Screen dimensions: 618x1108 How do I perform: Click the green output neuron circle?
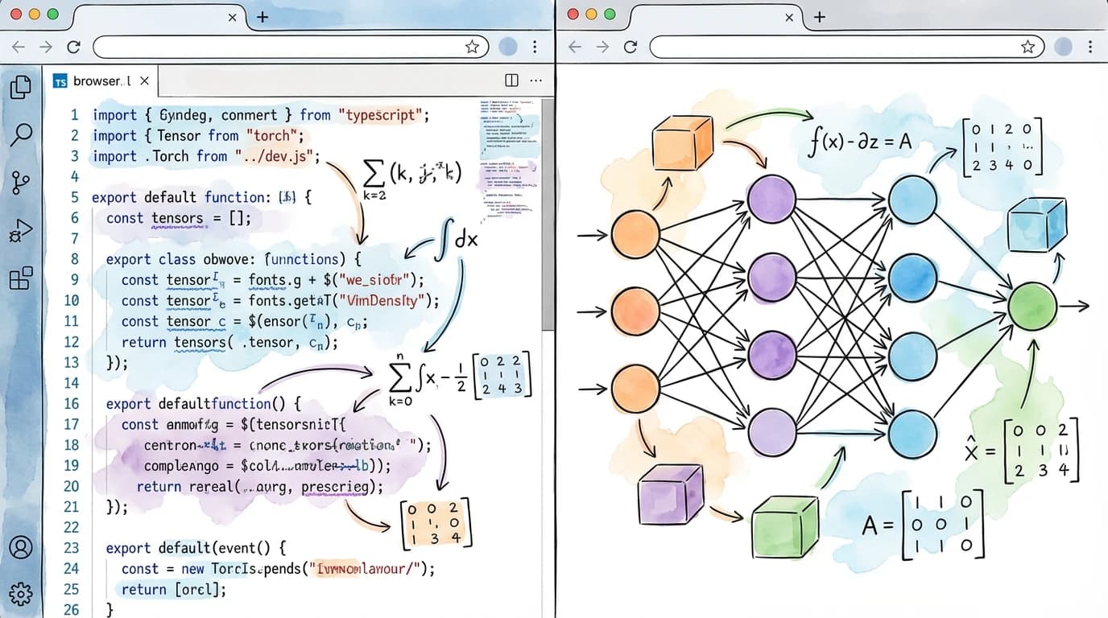click(x=1032, y=306)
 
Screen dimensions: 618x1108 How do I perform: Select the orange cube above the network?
click(x=681, y=143)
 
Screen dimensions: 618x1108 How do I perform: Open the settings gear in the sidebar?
click(x=21, y=594)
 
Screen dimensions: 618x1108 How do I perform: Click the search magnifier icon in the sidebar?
click(x=21, y=134)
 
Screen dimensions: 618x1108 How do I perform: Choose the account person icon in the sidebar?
click(x=21, y=547)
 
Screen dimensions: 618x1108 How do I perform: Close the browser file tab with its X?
click(x=144, y=80)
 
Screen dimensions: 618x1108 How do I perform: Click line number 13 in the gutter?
click(x=72, y=362)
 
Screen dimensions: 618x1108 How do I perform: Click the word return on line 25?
click(x=143, y=589)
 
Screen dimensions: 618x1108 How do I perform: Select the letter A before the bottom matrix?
click(x=870, y=526)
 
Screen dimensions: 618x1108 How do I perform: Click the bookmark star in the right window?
click(x=1027, y=47)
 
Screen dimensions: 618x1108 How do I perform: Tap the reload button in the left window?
click(x=73, y=47)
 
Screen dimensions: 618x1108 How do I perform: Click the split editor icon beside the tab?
click(x=511, y=80)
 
